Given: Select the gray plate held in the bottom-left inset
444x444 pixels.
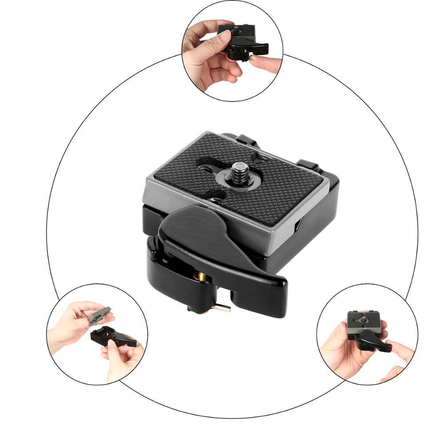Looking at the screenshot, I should tap(99, 314).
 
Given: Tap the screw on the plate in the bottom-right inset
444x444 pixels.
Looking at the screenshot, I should tap(364, 318).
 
